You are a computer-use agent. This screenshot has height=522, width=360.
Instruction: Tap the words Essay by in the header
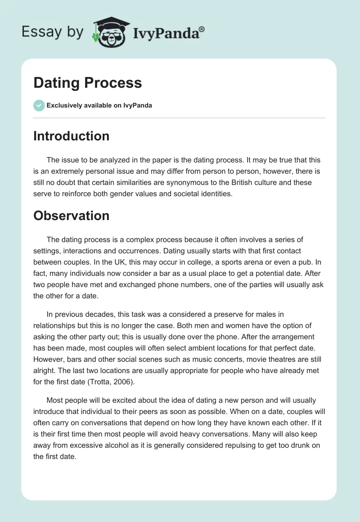(52, 32)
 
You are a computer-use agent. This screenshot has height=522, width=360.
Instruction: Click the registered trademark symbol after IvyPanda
(202, 29)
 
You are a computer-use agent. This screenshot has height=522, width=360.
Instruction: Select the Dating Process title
(87, 83)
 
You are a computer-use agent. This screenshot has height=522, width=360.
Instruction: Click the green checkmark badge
(39, 105)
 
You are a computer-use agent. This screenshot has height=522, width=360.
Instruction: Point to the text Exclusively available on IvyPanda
(99, 106)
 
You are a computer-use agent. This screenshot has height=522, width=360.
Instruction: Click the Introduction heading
(71, 136)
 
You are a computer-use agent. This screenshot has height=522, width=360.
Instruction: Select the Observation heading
(71, 216)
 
